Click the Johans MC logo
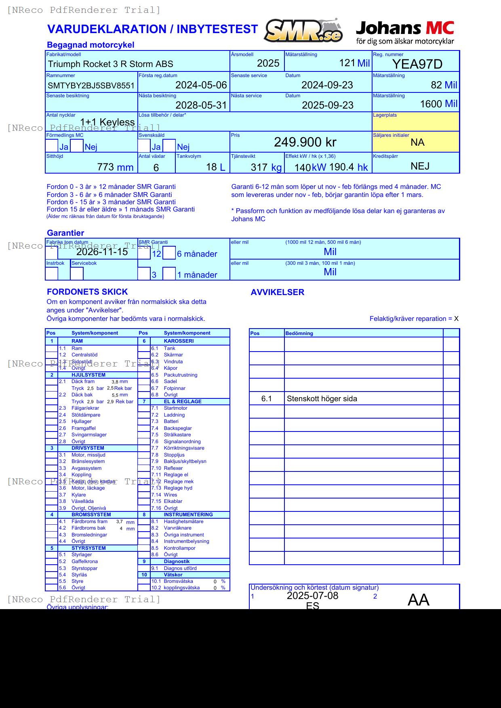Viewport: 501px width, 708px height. coord(405,32)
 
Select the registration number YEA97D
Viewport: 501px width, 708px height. coord(417,64)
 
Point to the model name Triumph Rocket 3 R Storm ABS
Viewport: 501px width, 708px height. coord(110,64)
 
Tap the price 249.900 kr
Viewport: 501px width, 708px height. coord(305,142)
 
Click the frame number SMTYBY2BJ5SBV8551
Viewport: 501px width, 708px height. coord(91,86)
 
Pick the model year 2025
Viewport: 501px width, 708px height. coord(268,63)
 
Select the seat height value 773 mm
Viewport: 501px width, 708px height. coord(115,167)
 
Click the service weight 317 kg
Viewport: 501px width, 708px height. coord(266,168)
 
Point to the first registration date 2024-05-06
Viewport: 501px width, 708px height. coord(201,85)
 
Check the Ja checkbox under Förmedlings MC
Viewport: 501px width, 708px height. coord(52,146)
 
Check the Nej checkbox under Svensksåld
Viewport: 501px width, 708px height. coord(169,146)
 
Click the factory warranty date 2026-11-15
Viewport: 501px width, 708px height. coord(102,252)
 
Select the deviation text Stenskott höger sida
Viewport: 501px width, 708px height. coord(322,399)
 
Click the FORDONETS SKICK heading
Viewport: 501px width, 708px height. coord(87,292)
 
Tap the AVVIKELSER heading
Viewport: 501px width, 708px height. coord(277,292)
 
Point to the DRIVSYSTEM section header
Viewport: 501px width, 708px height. coord(88,448)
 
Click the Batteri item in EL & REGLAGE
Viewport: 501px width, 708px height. coord(171,421)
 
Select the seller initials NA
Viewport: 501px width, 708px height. coord(417,142)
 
